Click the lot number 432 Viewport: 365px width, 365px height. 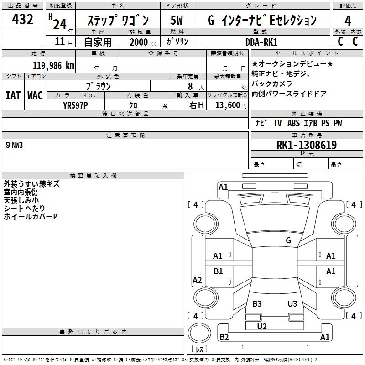23,19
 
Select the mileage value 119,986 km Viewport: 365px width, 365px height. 53,66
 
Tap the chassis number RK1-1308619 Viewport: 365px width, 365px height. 307,145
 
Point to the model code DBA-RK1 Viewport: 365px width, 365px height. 264,42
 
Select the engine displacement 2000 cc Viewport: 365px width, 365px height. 139,42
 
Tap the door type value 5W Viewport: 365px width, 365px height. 177,20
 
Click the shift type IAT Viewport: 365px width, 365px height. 13,95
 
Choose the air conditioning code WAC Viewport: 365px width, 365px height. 35,95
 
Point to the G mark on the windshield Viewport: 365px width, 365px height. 288,240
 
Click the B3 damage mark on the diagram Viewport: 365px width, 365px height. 257,304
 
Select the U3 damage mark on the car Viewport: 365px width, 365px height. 292,304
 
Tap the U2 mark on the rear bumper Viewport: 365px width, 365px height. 261,326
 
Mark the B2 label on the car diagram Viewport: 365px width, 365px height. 224,337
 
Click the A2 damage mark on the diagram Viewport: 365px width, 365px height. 197,280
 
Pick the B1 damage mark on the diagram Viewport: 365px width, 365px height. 219,271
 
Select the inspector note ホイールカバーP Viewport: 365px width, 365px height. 30,216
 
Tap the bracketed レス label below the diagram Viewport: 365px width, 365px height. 199,349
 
